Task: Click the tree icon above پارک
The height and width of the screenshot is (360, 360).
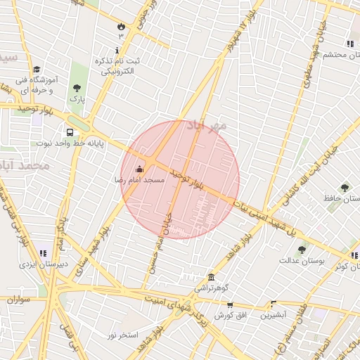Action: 77,88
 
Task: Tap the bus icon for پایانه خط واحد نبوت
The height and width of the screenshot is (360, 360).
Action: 70,131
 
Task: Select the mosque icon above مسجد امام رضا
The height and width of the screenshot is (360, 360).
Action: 139,169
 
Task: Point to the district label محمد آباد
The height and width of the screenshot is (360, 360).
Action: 25,166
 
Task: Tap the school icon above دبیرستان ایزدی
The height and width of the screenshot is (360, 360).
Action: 43,253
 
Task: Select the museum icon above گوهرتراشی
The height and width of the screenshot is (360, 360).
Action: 211,277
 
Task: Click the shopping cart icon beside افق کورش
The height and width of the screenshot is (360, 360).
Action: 229,305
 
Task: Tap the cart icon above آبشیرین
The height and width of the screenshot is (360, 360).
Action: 273,304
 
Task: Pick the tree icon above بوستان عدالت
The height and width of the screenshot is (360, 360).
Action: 302,250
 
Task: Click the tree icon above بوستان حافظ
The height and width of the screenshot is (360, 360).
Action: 344,188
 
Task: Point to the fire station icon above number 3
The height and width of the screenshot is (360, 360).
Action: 121,26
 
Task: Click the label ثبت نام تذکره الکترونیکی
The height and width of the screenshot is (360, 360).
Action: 120,66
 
